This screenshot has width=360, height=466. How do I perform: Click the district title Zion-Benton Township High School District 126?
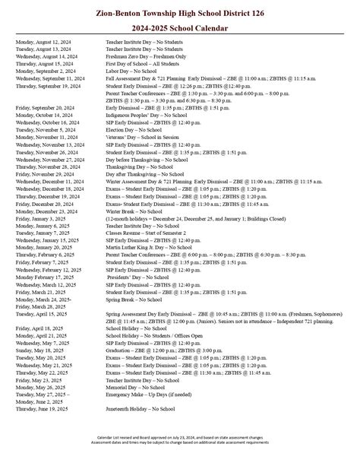pos(179,12)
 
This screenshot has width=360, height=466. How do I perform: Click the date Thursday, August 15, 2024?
pos(44,63)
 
